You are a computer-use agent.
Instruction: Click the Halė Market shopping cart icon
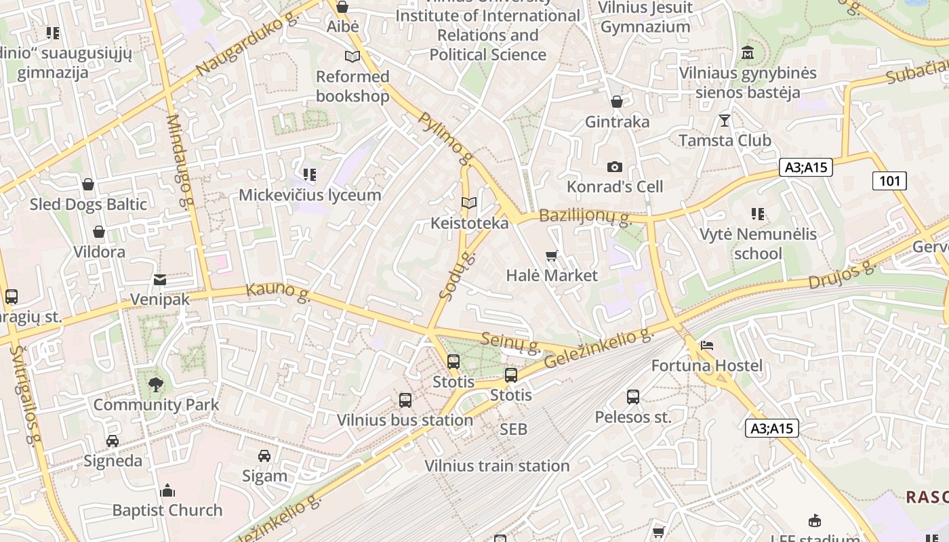pyautogui.click(x=551, y=256)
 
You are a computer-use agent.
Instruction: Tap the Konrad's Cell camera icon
pyautogui.click(x=614, y=167)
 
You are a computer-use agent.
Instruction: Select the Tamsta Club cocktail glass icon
pyautogui.click(x=725, y=121)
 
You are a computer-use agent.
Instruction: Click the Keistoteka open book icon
pyautogui.click(x=468, y=203)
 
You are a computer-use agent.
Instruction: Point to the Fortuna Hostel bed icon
pyautogui.click(x=707, y=346)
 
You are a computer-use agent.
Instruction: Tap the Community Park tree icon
pyautogui.click(x=156, y=385)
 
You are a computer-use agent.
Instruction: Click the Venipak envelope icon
pyautogui.click(x=160, y=279)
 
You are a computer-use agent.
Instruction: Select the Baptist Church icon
pyautogui.click(x=167, y=491)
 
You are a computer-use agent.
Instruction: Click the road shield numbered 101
pyautogui.click(x=889, y=180)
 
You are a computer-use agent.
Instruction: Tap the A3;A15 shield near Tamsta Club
pyautogui.click(x=805, y=167)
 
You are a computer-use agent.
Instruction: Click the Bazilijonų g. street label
pyautogui.click(x=585, y=217)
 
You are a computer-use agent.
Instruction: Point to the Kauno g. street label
pyautogui.click(x=278, y=291)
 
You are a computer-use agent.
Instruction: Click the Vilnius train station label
pyautogui.click(x=497, y=466)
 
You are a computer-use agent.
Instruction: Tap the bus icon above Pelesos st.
pyautogui.click(x=632, y=397)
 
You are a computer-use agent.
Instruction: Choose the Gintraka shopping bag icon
pyautogui.click(x=617, y=102)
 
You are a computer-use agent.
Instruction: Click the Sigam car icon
pyautogui.click(x=264, y=456)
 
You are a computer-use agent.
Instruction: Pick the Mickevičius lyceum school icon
pyautogui.click(x=310, y=175)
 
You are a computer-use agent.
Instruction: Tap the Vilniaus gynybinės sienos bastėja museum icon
pyautogui.click(x=748, y=53)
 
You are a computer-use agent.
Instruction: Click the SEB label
pyautogui.click(x=513, y=429)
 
